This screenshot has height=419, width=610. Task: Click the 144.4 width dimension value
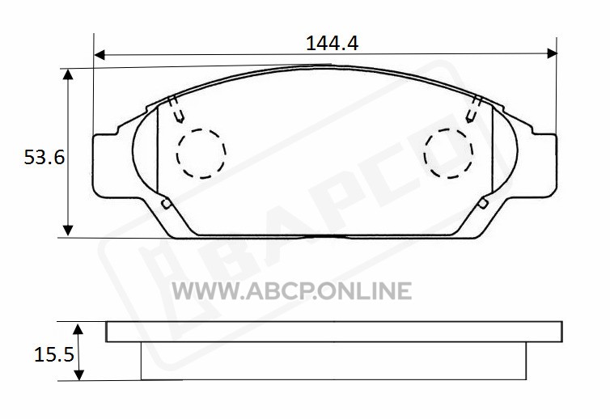coord(332,43)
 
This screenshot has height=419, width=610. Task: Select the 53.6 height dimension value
coord(44,158)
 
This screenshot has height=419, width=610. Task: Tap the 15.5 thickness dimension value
coord(54,354)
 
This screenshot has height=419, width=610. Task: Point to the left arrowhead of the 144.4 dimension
coord(100,55)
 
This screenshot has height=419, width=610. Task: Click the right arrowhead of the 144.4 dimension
coord(552,53)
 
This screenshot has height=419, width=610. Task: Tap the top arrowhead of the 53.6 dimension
coord(68,74)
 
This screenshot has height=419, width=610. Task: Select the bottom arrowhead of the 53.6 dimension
coord(68,231)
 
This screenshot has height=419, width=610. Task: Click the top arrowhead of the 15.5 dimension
coord(78,329)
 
